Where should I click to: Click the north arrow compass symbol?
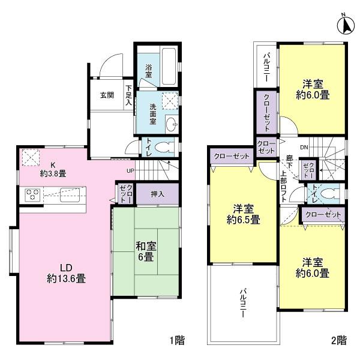coord(347,26)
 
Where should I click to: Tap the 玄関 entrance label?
coord(107,95)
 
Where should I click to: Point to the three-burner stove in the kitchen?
coord(31,194)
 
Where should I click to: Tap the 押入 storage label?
coord(157,194)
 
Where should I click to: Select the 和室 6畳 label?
coord(145,251)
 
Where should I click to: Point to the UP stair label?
coord(130,170)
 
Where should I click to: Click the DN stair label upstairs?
coord(304,147)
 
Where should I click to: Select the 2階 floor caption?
coord(338,341)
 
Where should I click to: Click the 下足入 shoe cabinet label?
coord(128,95)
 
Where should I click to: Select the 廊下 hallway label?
coord(289,163)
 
